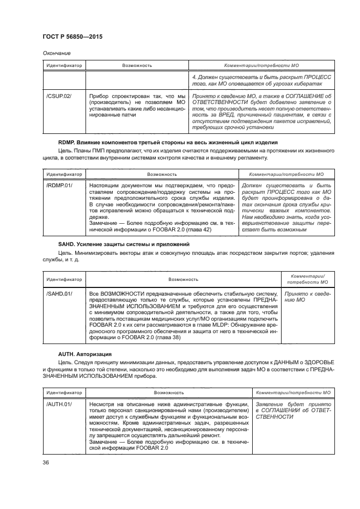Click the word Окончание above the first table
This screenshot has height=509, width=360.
53,53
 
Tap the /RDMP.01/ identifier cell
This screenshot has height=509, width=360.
57,186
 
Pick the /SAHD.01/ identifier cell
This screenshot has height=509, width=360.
58,293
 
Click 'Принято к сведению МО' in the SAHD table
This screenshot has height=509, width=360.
307,297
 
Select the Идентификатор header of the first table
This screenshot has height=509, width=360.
63,65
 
